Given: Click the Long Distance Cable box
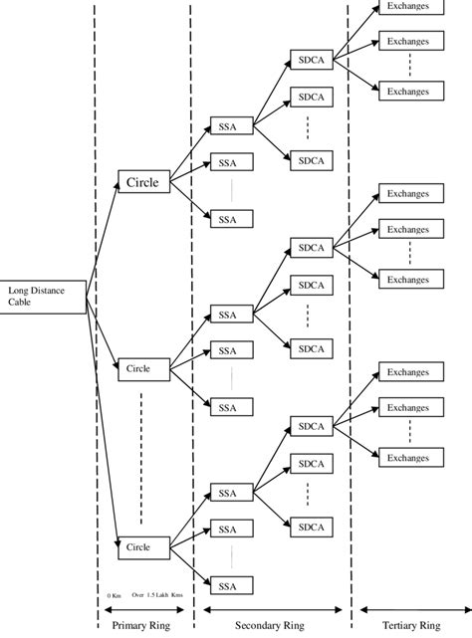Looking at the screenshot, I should pyautogui.click(x=43, y=297).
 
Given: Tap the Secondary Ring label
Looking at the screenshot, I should pyautogui.click(x=271, y=625).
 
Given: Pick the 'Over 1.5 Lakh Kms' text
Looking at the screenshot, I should pyautogui.click(x=157, y=595).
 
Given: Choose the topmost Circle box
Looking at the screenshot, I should pyautogui.click(x=143, y=182).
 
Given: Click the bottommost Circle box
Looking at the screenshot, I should pyautogui.click(x=138, y=546).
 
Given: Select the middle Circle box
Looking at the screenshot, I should pyautogui.click(x=138, y=368).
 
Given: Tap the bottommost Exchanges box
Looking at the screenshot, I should pyautogui.click(x=408, y=457).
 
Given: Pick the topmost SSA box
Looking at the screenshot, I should pyautogui.click(x=228, y=126).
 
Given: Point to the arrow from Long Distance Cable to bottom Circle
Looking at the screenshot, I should pyautogui.click(x=102, y=418).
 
